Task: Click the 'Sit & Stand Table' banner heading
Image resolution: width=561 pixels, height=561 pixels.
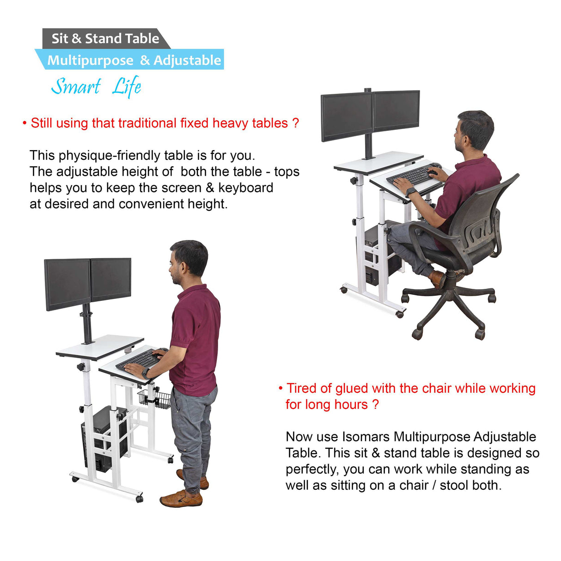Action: pyautogui.click(x=105, y=39)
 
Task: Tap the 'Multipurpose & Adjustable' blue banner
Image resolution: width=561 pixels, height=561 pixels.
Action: pyautogui.click(x=134, y=61)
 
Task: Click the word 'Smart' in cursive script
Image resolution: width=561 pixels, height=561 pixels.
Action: pyautogui.click(x=76, y=86)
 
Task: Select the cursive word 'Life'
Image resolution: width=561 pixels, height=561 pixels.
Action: pyautogui.click(x=127, y=86)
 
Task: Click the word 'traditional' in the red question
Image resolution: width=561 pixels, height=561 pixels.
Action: pyautogui.click(x=147, y=123)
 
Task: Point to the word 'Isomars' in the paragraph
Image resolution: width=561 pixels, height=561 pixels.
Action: pyautogui.click(x=366, y=437)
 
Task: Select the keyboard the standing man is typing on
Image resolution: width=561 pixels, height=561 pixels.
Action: pyautogui.click(x=139, y=359)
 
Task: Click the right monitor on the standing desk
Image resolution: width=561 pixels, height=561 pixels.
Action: pyautogui.click(x=111, y=279)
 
